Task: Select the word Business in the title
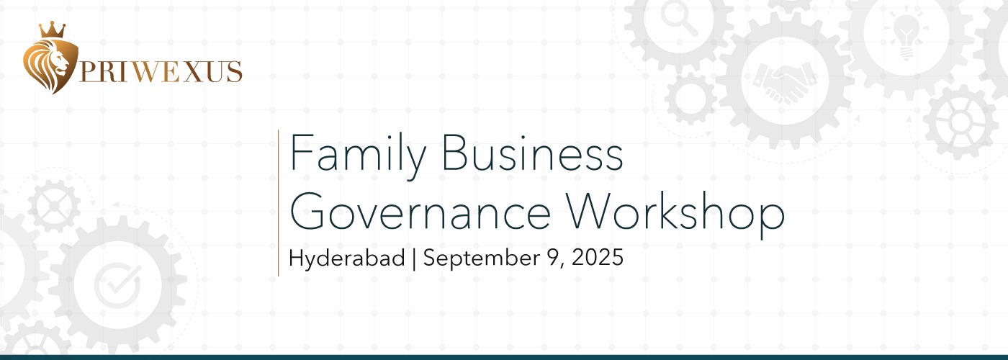[x=532, y=152]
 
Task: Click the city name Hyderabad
[x=347, y=258]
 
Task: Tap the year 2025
[x=598, y=258]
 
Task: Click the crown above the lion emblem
[x=52, y=30]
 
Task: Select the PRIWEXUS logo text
[x=161, y=72]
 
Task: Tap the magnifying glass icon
[x=679, y=19]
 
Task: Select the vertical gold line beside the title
[x=279, y=203]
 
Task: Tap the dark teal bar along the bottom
[x=504, y=357]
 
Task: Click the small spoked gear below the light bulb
[x=960, y=122]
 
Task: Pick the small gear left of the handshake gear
[x=691, y=98]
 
